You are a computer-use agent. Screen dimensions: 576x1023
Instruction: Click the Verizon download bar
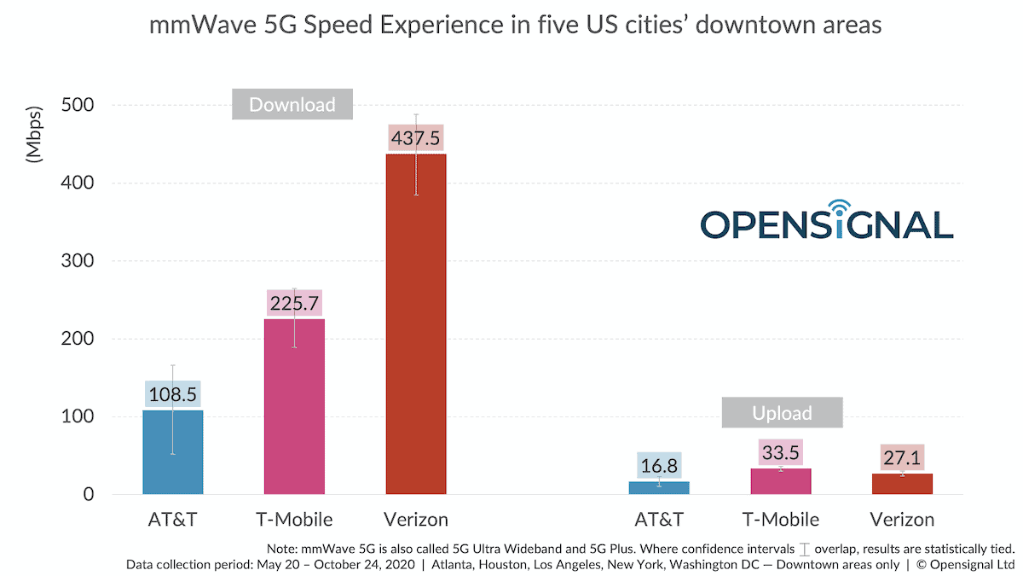pyautogui.click(x=416, y=324)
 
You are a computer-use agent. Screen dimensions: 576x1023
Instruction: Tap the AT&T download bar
pyautogui.click(x=173, y=452)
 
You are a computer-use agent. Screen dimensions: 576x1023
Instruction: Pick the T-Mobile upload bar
pyautogui.click(x=781, y=481)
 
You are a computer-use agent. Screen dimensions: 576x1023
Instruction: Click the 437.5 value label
pyautogui.click(x=416, y=137)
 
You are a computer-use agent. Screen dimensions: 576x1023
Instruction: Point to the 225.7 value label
pyautogui.click(x=294, y=303)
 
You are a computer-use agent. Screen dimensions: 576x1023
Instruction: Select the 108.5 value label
pyautogui.click(x=173, y=395)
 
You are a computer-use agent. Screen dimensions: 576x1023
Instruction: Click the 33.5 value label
pyautogui.click(x=781, y=452)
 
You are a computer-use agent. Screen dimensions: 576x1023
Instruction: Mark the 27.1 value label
pyautogui.click(x=902, y=457)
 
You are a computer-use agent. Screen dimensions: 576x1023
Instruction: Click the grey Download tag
pyautogui.click(x=292, y=105)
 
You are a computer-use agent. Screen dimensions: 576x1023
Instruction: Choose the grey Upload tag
pyautogui.click(x=782, y=413)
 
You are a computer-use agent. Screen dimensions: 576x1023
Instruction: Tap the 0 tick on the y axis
pyautogui.click(x=88, y=494)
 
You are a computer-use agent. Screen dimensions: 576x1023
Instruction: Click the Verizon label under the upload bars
pyautogui.click(x=902, y=519)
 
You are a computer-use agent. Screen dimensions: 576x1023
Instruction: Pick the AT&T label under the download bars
pyautogui.click(x=173, y=519)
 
